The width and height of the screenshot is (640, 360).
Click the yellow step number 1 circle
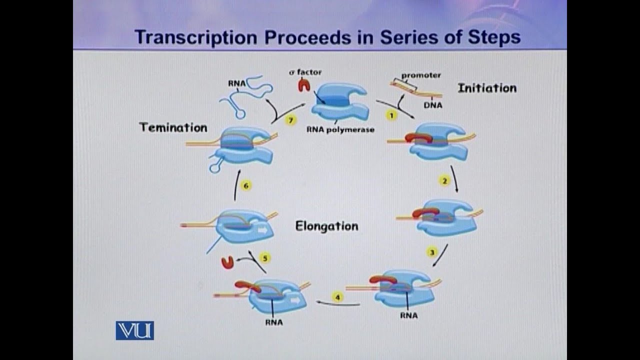390,115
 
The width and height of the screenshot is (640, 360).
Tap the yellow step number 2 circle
444,181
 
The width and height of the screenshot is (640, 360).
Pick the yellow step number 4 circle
338,297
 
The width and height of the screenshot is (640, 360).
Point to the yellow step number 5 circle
265,258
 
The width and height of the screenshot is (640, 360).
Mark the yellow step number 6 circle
245,186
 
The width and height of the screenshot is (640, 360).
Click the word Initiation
486,88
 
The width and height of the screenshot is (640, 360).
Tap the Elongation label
326,226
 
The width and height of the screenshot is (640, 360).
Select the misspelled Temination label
173,127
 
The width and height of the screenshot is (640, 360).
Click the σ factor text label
305,72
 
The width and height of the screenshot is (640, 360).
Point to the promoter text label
421,75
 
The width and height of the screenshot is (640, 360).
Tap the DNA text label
432,105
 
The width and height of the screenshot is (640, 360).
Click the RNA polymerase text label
340,129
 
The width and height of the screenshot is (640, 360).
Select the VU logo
134,330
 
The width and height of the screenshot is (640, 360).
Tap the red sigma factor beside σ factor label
303,85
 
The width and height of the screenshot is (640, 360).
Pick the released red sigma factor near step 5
227,263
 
